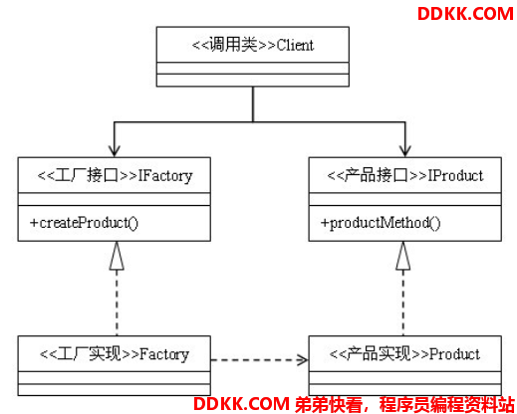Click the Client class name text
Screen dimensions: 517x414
tap(253, 45)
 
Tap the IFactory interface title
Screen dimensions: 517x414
tap(115, 175)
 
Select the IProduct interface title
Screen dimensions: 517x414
tap(405, 175)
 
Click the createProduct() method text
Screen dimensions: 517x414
tap(84, 223)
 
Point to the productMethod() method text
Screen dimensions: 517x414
tap(381, 223)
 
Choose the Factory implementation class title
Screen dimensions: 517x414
tap(115, 354)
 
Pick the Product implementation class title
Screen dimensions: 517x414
tap(404, 354)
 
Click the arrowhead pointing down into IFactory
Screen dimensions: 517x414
tap(115, 150)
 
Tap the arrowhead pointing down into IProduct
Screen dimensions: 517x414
tap(405, 150)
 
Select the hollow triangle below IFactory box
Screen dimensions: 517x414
tap(117, 256)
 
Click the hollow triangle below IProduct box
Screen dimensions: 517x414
tap(403, 256)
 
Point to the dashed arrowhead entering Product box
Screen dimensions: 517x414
tap(303, 359)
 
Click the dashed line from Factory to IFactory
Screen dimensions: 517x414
tap(117, 303)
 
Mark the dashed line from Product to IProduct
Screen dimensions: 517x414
tap(403, 303)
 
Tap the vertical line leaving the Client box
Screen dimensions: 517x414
tap(253, 104)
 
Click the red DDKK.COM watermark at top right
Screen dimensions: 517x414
tap(465, 14)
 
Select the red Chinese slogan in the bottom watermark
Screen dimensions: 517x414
tap(404, 404)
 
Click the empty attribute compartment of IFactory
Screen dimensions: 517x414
tap(115, 199)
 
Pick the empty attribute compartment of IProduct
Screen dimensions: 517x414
tap(405, 199)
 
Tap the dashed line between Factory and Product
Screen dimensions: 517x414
tap(260, 359)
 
